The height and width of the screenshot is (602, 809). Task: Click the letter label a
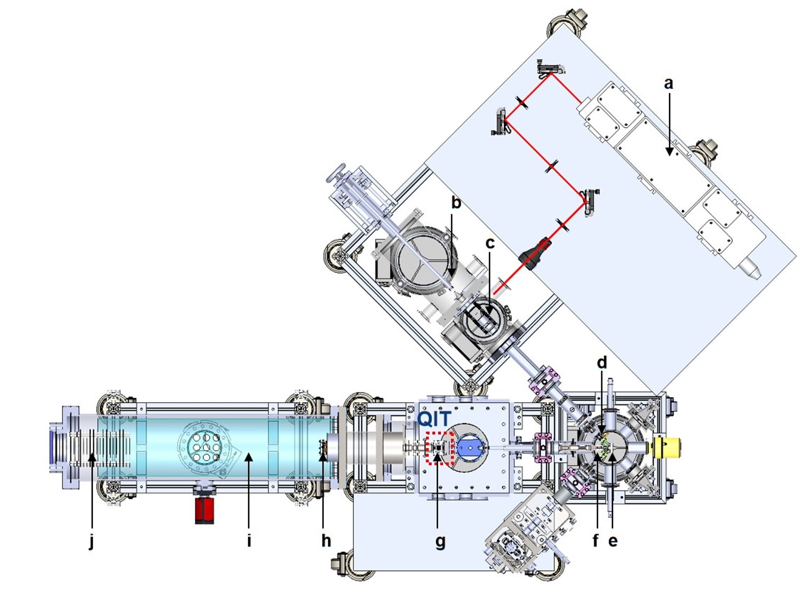click(669, 84)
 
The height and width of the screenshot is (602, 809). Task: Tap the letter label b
click(456, 202)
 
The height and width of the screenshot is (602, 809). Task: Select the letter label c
click(490, 243)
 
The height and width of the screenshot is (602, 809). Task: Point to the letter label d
click(602, 362)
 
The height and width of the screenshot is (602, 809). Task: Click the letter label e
click(613, 541)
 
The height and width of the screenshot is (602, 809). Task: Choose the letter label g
click(440, 542)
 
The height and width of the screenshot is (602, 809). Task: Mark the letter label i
click(249, 540)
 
